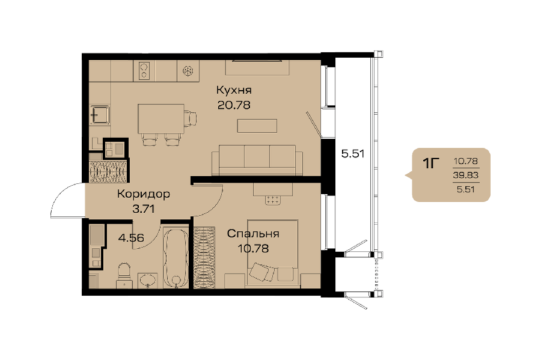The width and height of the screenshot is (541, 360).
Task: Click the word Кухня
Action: (234, 90)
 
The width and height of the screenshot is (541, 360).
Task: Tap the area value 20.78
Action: (234, 105)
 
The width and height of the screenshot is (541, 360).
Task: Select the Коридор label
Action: (144, 194)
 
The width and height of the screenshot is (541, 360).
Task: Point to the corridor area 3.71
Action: (144, 209)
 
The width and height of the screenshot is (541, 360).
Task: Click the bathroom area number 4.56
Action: (131, 237)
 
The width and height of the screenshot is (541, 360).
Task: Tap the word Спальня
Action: (253, 233)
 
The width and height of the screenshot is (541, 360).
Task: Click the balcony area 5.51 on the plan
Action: (353, 153)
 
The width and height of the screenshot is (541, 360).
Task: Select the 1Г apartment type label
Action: (431, 163)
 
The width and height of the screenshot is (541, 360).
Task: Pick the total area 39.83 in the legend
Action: (466, 175)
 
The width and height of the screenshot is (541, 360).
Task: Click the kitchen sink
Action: (100, 115)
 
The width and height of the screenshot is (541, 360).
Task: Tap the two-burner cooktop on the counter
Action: (144, 71)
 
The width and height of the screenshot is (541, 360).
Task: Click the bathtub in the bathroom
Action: (176, 257)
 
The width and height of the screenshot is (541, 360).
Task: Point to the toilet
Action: (124, 275)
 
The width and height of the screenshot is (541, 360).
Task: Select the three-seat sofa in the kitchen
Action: (257, 160)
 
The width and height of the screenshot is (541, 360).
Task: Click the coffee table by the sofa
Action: (257, 126)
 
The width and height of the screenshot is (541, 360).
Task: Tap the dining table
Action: (160, 118)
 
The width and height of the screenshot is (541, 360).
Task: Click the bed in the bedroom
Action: (272, 253)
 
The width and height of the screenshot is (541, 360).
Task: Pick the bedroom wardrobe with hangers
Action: (204, 257)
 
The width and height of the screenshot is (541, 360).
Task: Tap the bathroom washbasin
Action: (148, 281)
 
